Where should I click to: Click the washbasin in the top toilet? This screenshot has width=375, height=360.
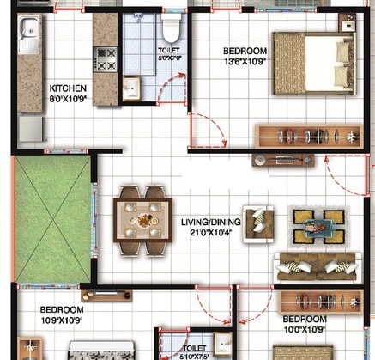131,88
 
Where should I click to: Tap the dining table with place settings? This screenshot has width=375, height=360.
142,221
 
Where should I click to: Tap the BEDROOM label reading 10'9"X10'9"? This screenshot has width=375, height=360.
61,309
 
